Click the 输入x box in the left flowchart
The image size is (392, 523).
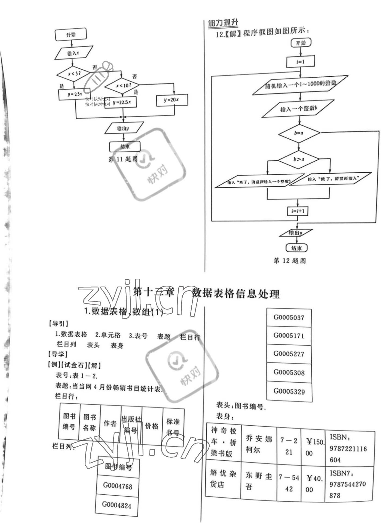coord(73,53)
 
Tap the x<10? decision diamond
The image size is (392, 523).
coord(122,86)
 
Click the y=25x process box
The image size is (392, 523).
coord(75,94)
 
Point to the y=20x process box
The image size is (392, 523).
coord(172,100)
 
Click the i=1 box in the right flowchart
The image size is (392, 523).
coord(300,62)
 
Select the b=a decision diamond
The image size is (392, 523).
coord(299,133)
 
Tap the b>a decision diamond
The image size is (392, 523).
coord(299,159)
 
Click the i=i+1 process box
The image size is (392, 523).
coord(298,211)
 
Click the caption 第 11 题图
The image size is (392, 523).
coord(123,159)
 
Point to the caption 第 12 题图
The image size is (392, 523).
coord(290,261)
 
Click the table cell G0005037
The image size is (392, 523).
coord(289,318)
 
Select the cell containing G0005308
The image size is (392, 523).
coord(289,372)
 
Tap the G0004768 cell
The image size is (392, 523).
coord(118,486)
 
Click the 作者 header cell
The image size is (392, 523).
coord(110,423)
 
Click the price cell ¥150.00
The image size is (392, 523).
coord(313,448)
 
